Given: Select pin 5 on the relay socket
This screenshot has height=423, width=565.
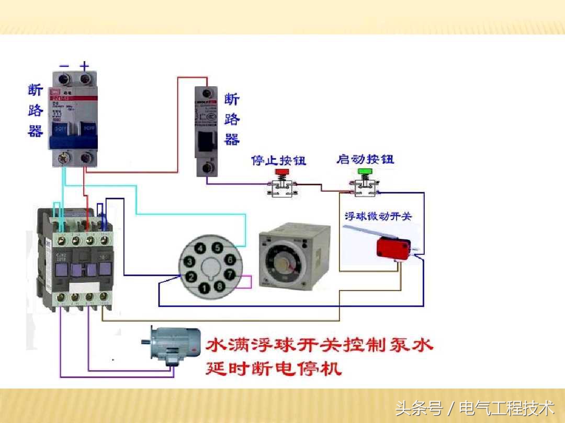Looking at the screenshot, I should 216,248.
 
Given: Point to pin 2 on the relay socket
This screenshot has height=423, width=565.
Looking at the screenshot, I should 192,277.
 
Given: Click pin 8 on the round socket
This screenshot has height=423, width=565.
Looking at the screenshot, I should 220,286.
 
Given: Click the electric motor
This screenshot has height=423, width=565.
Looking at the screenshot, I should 173,345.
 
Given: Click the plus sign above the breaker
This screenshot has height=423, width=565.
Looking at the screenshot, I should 84,66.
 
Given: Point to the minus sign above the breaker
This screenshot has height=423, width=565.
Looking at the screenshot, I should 64,66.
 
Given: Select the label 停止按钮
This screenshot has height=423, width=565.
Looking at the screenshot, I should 279,160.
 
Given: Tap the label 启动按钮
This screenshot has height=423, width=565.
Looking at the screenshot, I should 365,159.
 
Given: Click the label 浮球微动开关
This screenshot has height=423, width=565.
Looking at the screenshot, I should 378,216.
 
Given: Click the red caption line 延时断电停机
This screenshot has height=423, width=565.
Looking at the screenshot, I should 274,369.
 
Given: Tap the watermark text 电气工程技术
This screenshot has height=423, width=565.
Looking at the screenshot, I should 506,407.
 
